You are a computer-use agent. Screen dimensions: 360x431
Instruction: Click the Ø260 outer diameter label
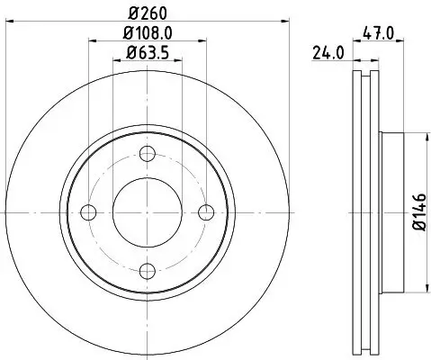pyautogui.click(x=148, y=13)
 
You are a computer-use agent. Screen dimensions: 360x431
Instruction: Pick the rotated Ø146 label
pyautogui.click(x=418, y=213)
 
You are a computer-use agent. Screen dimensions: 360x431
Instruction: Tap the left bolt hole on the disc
pyautogui.click(x=88, y=212)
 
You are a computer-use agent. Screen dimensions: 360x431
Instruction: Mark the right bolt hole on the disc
pyautogui.click(x=206, y=212)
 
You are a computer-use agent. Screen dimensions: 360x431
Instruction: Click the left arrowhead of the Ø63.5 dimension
pyautogui.click(x=114, y=60)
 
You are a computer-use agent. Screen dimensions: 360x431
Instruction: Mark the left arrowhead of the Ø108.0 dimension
pyautogui.click(x=91, y=40)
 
